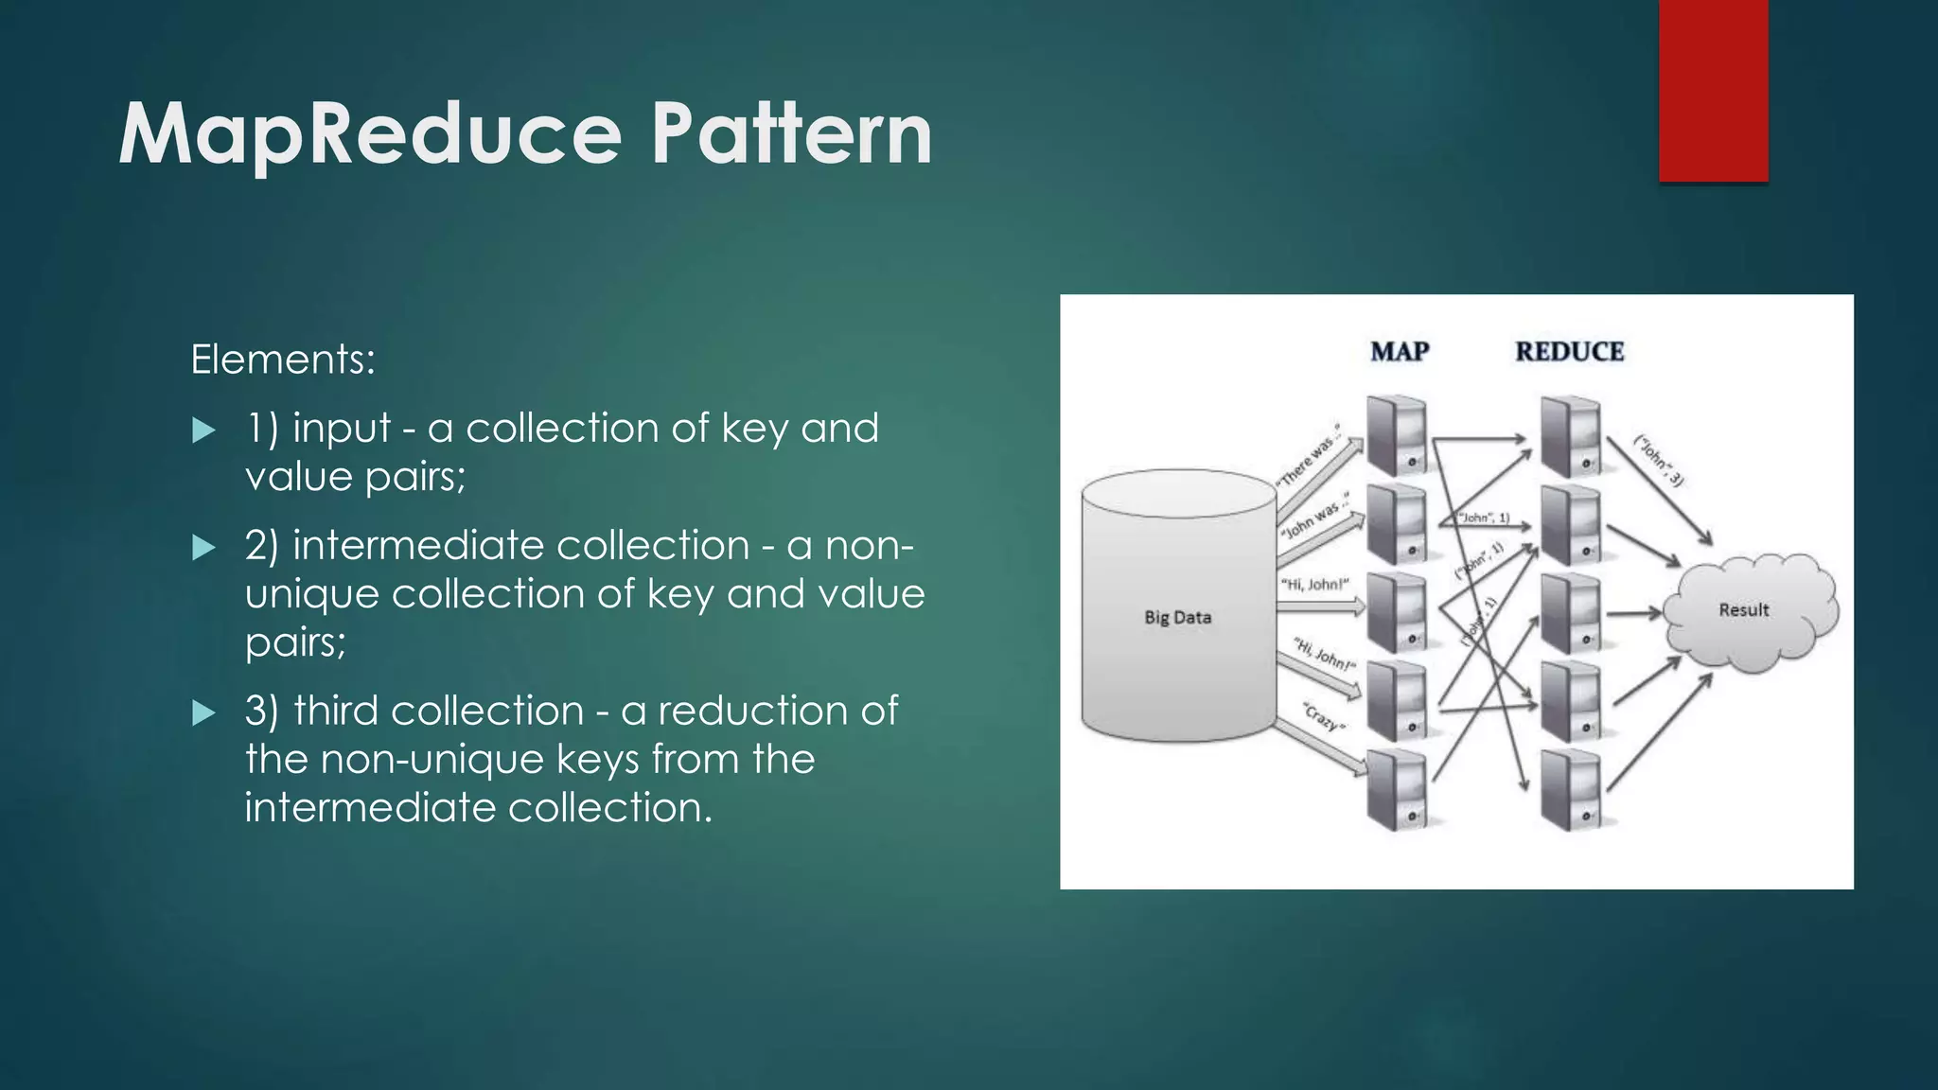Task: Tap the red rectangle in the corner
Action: (x=1713, y=90)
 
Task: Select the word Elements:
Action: (x=283, y=360)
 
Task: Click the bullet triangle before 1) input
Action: (x=203, y=431)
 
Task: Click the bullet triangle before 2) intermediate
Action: (x=203, y=548)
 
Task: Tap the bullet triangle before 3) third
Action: (x=203, y=713)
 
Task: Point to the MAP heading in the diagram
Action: (x=1399, y=351)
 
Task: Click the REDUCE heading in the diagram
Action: (x=1569, y=351)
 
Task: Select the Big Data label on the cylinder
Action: (x=1177, y=617)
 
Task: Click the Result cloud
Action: (x=1743, y=610)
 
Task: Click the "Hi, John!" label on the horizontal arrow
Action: (x=1314, y=585)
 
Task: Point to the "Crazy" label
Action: (x=1322, y=716)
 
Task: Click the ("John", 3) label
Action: (x=1659, y=461)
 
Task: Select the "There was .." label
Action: (x=1312, y=455)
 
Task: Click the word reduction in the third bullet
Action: (x=750, y=711)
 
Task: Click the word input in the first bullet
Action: (x=341, y=429)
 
